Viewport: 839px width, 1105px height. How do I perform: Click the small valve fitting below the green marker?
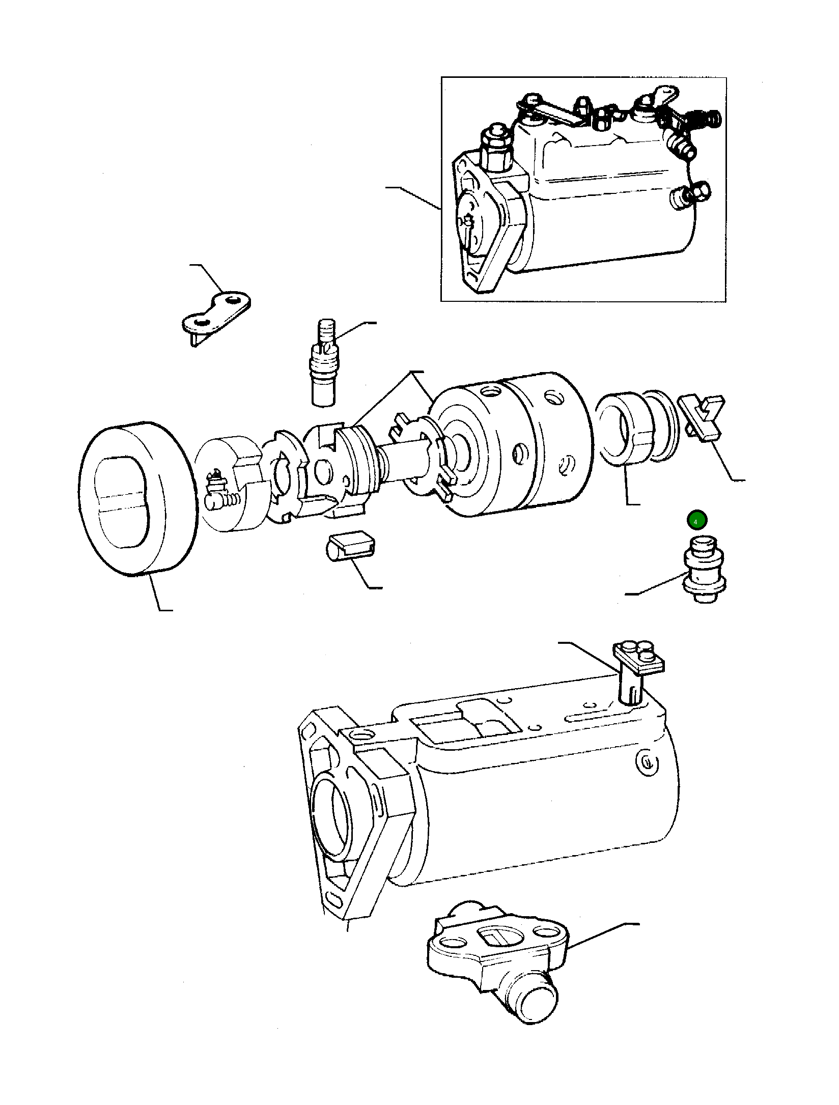point(705,570)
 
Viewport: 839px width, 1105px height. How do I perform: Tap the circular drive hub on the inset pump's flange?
point(471,224)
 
